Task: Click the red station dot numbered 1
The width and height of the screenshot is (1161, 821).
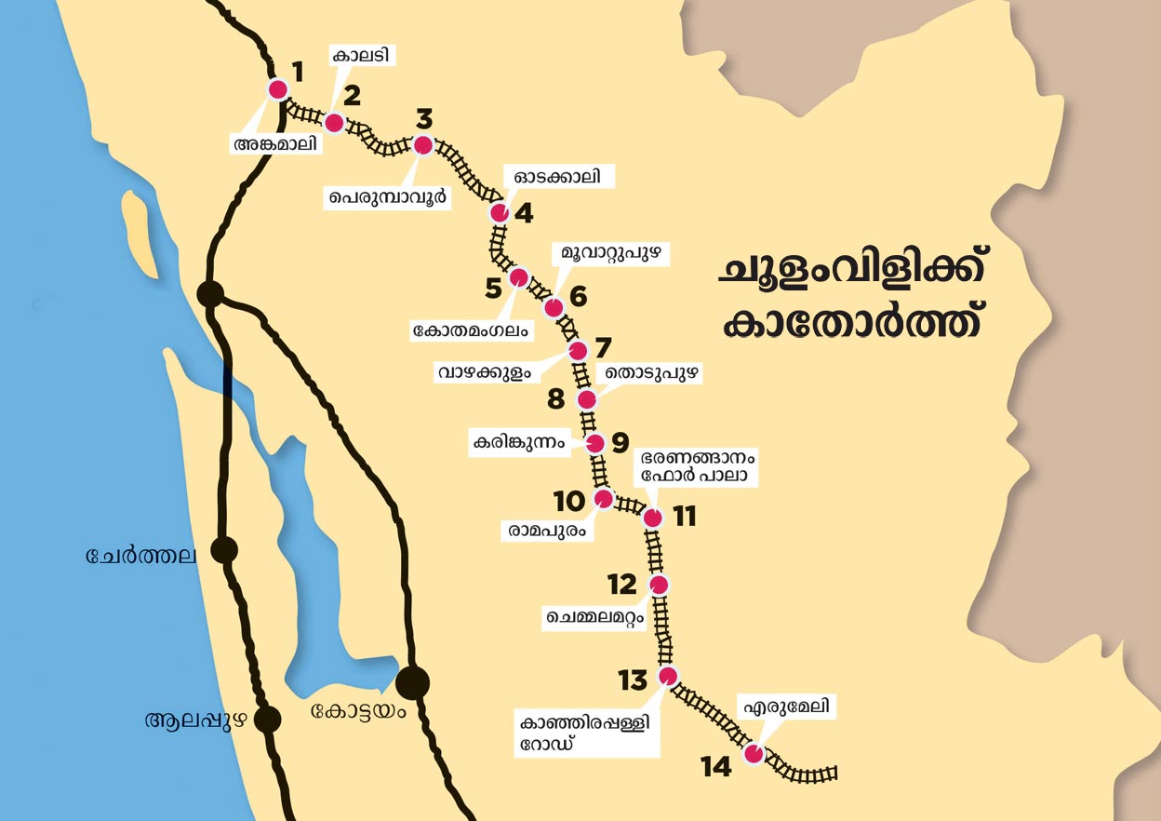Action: [277, 89]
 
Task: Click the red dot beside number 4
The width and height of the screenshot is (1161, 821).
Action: [500, 213]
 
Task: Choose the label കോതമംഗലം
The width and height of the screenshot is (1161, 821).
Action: [471, 330]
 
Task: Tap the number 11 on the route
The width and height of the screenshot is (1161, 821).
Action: [685, 517]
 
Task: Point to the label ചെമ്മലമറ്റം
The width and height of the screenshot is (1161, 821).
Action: [596, 616]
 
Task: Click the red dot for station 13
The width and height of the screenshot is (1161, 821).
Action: [667, 676]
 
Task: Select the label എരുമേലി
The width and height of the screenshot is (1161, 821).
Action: [783, 707]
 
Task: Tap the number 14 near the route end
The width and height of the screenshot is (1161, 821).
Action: [716, 766]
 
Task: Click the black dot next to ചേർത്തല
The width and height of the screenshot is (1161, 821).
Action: [224, 550]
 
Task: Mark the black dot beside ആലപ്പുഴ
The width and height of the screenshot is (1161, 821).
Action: [268, 719]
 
